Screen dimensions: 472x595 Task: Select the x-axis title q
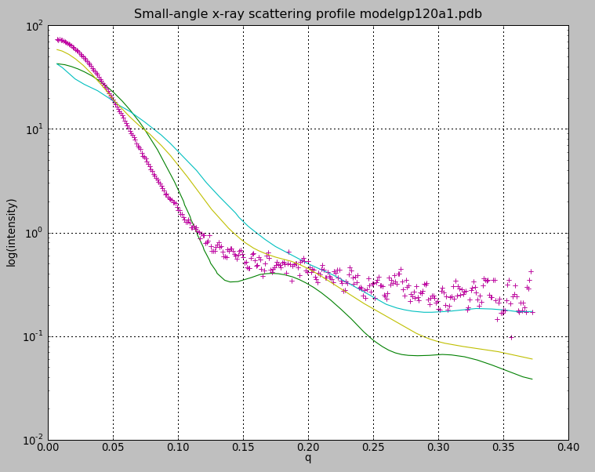307,458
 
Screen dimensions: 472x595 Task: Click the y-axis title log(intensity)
12,232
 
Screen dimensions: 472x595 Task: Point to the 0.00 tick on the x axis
49,448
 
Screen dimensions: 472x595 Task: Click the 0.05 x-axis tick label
114,448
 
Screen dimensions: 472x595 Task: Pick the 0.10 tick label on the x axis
178,448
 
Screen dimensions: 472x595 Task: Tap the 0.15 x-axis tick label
243,448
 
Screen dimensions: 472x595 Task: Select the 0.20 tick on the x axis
308,448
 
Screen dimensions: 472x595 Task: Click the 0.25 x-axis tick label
373,448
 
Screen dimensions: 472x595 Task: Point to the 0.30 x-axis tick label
438,448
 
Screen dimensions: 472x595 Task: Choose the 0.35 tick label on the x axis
503,448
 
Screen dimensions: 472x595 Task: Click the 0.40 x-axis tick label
568,448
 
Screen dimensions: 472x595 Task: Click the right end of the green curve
532,379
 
